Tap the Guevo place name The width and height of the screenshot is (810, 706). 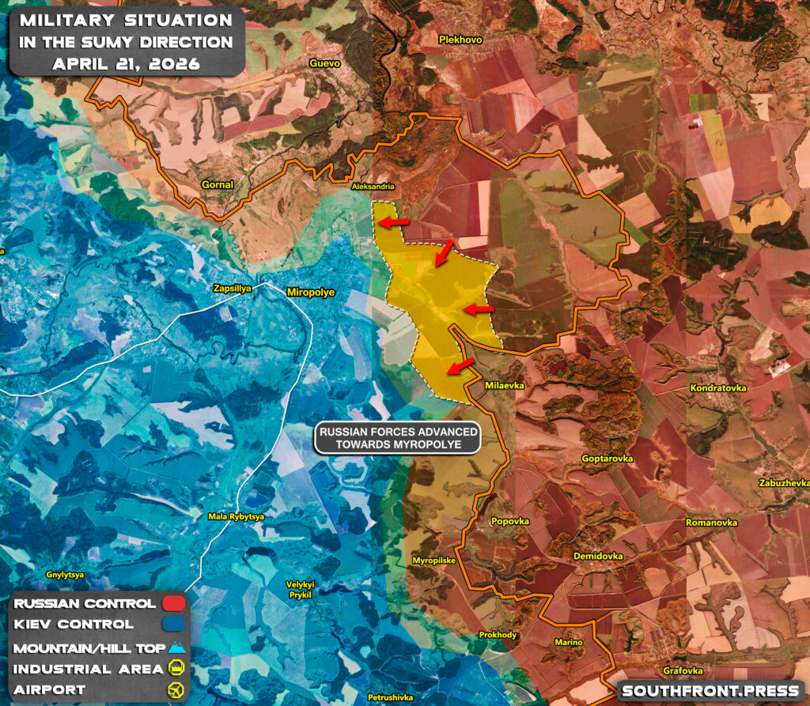point(324,63)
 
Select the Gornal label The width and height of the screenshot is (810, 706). point(217,185)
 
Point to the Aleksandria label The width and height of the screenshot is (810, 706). point(373,188)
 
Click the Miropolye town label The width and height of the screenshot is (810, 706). point(310,293)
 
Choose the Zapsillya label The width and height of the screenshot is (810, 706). point(233,289)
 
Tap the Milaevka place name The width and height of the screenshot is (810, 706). point(505,386)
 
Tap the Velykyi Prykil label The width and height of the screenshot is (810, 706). point(301,589)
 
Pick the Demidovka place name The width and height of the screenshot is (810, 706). point(598,557)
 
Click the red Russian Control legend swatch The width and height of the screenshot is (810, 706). point(173,604)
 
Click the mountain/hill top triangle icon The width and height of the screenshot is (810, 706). point(176,647)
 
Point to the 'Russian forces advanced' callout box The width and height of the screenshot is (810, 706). point(398,438)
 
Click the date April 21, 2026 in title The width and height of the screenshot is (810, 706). point(125,63)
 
